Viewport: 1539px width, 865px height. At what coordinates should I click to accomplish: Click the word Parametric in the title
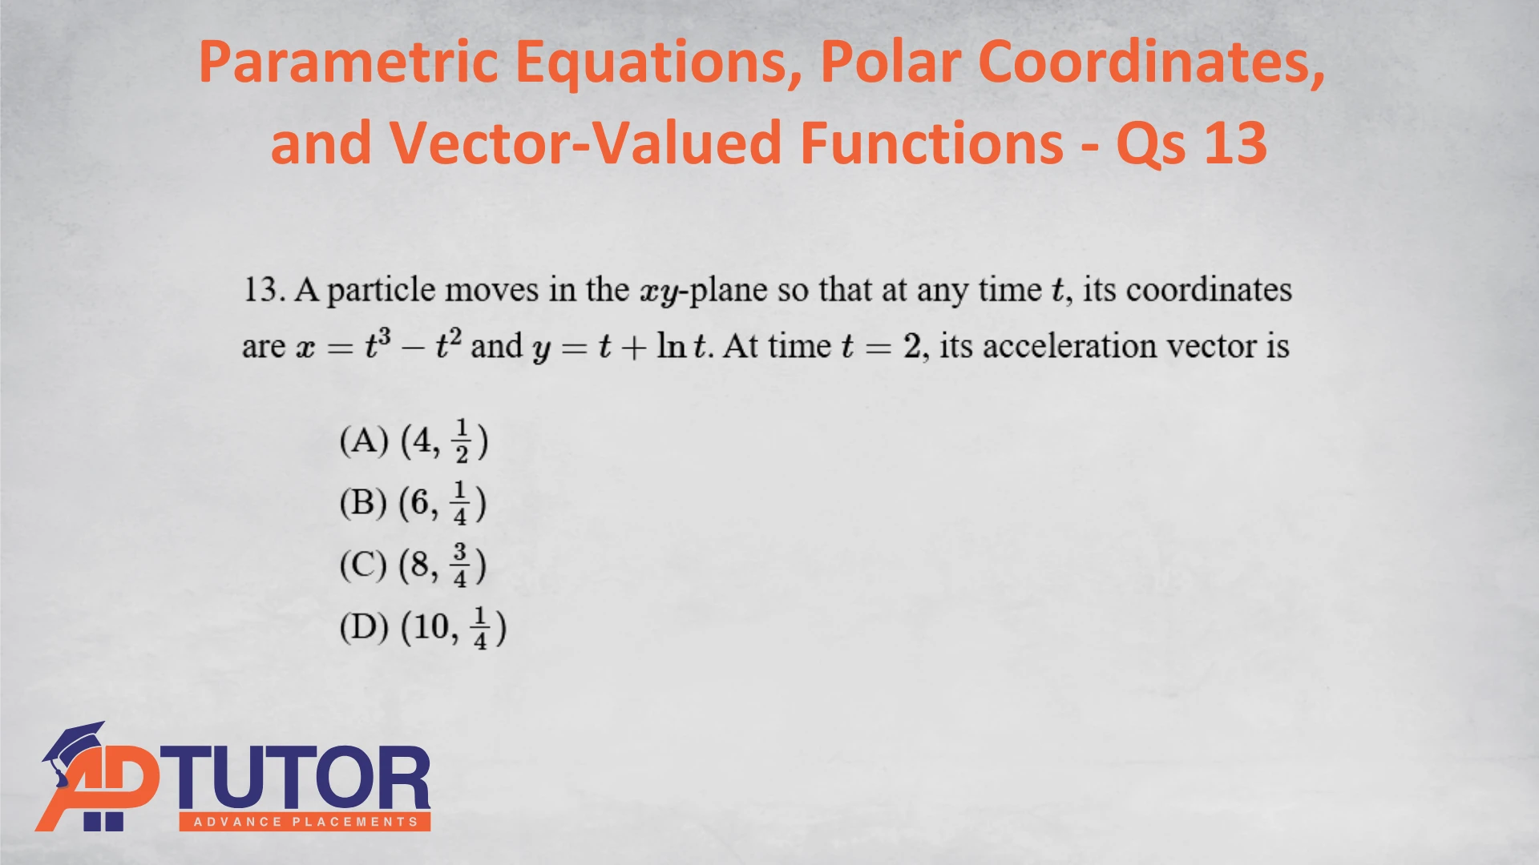(x=348, y=62)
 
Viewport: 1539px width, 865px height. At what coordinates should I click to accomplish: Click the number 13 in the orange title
(x=1235, y=143)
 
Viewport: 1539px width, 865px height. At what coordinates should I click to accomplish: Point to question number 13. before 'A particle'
(x=265, y=290)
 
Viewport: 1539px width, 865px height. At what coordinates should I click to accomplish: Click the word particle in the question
(x=381, y=291)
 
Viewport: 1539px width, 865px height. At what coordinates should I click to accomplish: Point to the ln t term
(x=682, y=345)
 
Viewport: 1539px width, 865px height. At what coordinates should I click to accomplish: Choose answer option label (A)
(x=364, y=441)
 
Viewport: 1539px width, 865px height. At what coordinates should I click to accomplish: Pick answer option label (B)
(x=363, y=503)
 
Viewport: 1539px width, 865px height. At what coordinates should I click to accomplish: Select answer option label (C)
(x=363, y=565)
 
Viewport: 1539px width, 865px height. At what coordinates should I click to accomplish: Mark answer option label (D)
(x=364, y=627)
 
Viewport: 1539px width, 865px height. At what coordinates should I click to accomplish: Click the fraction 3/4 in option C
(x=460, y=565)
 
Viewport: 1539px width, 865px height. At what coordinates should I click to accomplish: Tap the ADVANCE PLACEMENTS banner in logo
(x=305, y=822)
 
